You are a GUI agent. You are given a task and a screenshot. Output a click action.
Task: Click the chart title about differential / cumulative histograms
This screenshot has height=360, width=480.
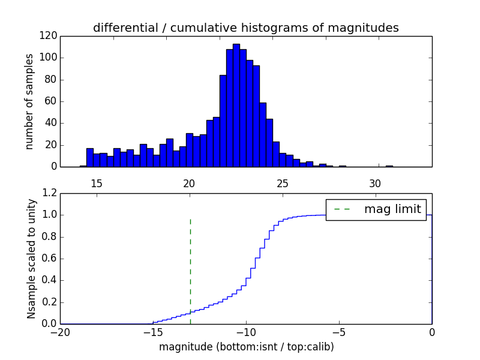(x=245, y=28)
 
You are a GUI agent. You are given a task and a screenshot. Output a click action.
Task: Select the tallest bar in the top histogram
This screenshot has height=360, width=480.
(x=236, y=105)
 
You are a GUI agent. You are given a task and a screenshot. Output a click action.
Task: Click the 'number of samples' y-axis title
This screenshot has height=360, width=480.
(x=29, y=101)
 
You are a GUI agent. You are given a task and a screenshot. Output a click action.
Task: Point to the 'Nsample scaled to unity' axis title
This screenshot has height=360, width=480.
(x=31, y=259)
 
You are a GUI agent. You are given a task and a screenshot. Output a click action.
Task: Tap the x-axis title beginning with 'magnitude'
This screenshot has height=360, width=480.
(x=246, y=347)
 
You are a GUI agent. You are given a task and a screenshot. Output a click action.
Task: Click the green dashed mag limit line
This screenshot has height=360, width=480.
(x=190, y=264)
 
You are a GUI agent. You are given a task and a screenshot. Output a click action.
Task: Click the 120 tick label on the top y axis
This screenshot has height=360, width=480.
(x=49, y=36)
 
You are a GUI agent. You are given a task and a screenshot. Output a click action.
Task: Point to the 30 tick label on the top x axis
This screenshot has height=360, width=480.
(x=375, y=182)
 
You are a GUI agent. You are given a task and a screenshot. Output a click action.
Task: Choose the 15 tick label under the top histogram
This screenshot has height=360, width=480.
(x=96, y=182)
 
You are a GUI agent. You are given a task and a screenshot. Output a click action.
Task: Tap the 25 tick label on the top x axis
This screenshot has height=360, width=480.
(x=282, y=182)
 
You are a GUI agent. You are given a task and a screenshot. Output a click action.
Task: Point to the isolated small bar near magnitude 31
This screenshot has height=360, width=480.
(x=389, y=166)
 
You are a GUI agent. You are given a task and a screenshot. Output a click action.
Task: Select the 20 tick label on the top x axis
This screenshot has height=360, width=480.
(x=189, y=182)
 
